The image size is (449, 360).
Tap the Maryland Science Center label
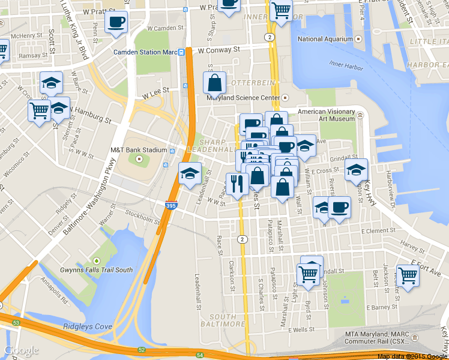click(243, 98)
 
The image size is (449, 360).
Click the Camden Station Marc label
click(145, 52)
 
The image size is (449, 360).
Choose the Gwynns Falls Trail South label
click(96, 270)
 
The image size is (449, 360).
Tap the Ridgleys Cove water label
click(88, 327)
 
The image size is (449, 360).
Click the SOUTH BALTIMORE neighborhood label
click(223, 320)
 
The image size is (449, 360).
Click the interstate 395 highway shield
click(170, 207)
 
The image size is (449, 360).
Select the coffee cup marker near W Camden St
click(116, 23)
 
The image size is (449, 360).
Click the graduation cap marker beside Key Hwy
click(356, 170)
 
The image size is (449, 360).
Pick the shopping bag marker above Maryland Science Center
click(214, 83)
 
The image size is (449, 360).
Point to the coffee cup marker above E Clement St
click(339, 208)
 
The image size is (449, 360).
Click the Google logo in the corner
click(22, 350)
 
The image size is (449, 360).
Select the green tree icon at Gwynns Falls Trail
click(96, 261)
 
